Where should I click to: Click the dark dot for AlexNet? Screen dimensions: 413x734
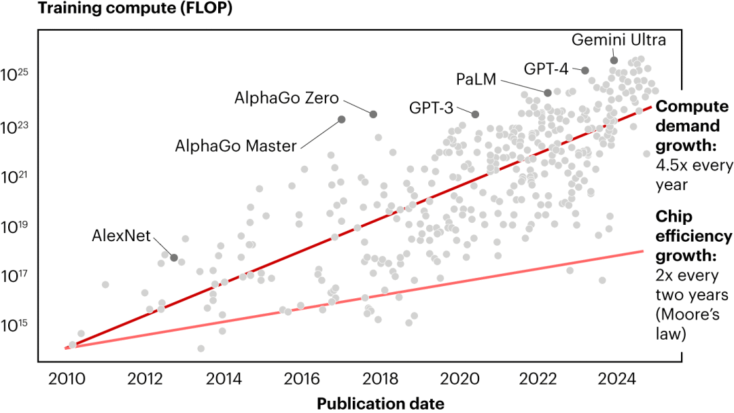pyautogui.click(x=174, y=257)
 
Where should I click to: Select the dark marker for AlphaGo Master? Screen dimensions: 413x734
pyautogui.click(x=342, y=120)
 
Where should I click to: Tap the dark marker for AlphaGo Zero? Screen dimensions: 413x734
pyautogui.click(x=372, y=113)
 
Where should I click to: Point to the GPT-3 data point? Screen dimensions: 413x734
pyautogui.click(x=475, y=114)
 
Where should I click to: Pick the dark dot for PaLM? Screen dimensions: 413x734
pyautogui.click(x=548, y=92)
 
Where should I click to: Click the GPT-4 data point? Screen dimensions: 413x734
pyautogui.click(x=584, y=70)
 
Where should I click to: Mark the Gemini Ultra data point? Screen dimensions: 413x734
pyautogui.click(x=614, y=60)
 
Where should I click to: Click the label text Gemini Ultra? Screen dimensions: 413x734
pyautogui.click(x=618, y=39)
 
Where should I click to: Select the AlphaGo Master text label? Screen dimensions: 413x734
pyautogui.click(x=236, y=145)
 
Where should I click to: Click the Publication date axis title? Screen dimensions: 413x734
pyautogui.click(x=380, y=403)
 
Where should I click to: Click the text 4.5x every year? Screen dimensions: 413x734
pyautogui.click(x=691, y=175)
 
